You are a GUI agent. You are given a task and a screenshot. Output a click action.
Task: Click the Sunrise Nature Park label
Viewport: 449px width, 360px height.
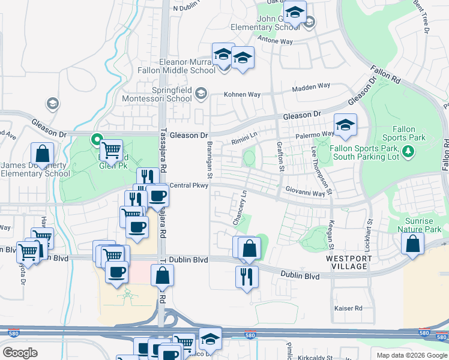pyautogui.click(x=423, y=224)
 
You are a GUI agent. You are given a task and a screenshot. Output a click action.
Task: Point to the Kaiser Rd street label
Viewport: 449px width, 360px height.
pyautogui.click(x=348, y=308)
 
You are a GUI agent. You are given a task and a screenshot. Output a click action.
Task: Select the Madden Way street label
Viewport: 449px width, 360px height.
pyautogui.click(x=311, y=87)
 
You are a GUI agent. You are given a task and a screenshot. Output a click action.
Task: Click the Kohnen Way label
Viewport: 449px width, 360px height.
pyautogui.click(x=242, y=95)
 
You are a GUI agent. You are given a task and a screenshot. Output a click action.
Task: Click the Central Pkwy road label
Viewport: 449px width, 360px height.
pyautogui.click(x=188, y=185)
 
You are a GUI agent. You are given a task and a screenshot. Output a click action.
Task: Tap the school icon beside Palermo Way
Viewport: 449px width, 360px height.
pyautogui.click(x=345, y=125)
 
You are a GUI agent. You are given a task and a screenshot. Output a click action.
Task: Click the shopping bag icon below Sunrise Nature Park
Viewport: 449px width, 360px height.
pyautogui.click(x=412, y=244)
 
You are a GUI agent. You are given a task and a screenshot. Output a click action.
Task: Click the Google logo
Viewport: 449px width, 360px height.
pyautogui.click(x=20, y=353)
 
